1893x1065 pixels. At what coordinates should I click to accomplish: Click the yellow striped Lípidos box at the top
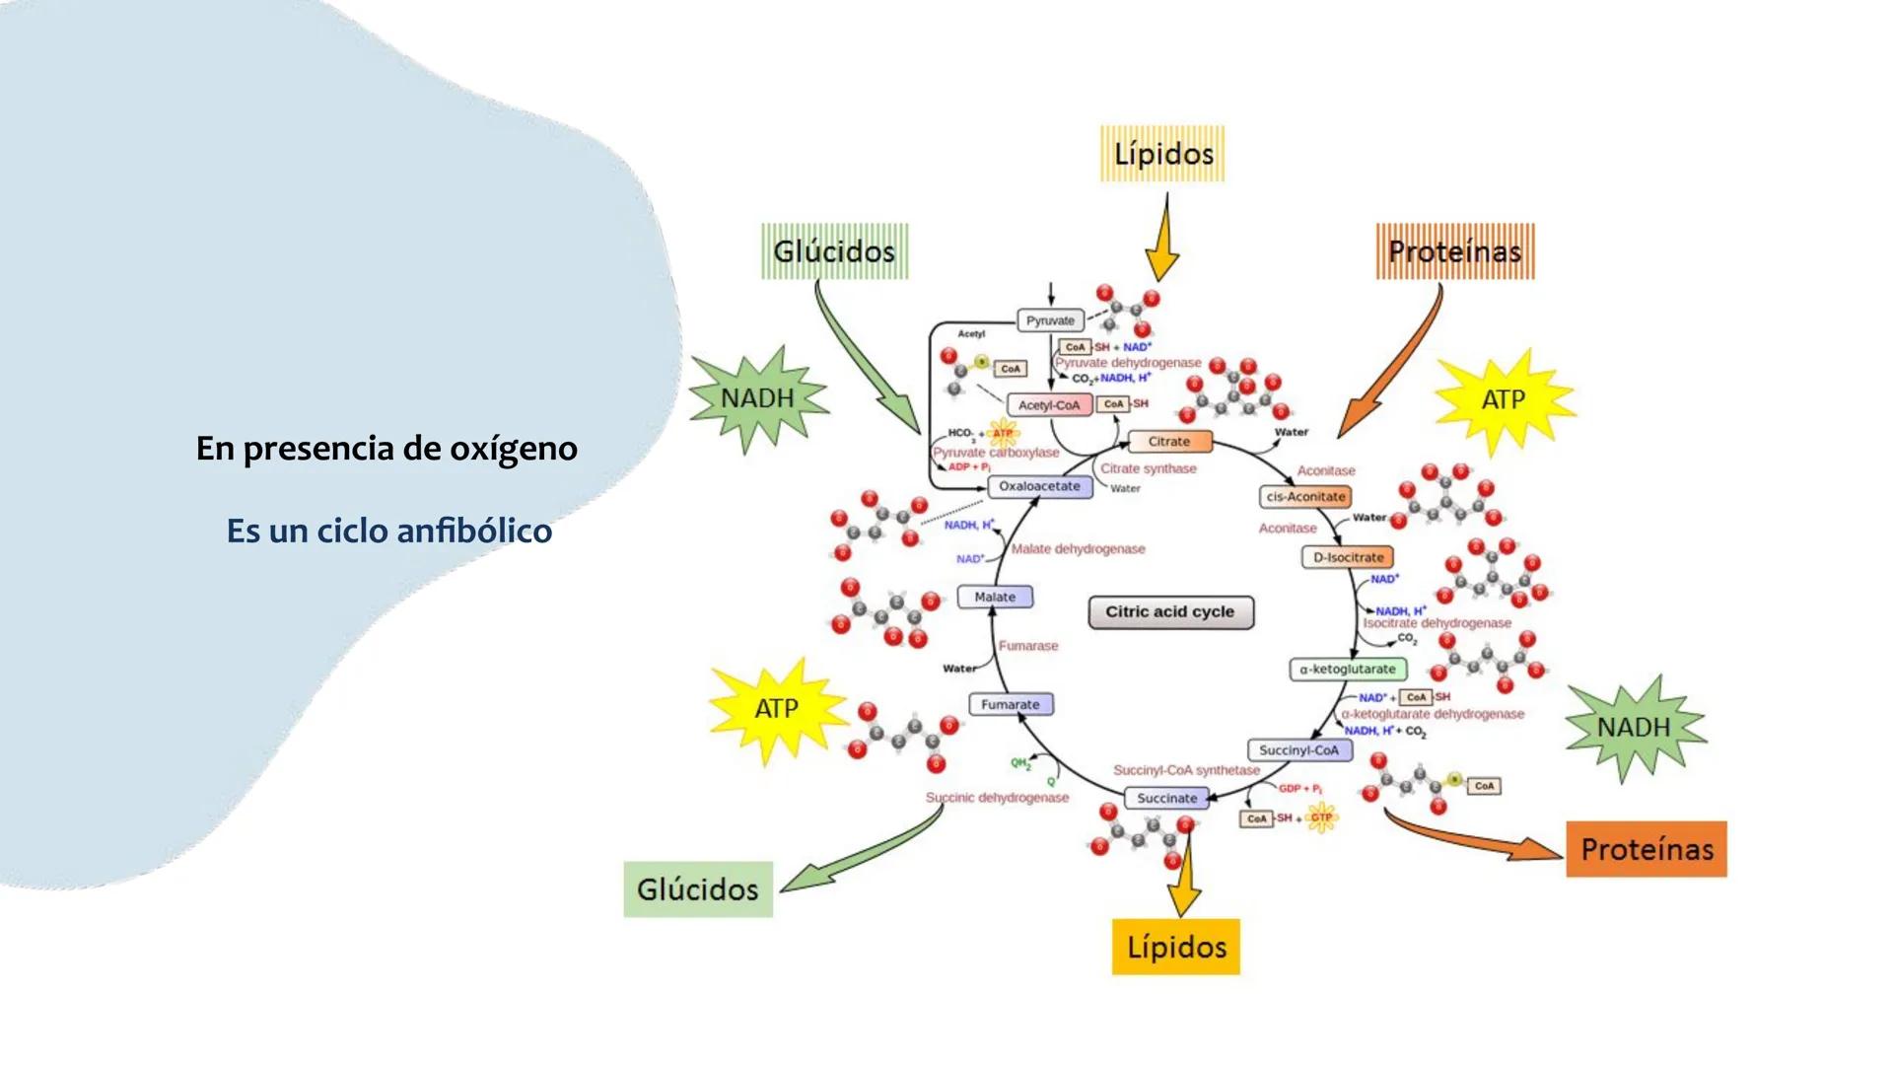coord(1162,154)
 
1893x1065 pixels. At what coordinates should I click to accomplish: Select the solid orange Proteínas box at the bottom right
coord(1646,849)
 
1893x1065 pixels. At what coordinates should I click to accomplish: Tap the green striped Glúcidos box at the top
coord(834,251)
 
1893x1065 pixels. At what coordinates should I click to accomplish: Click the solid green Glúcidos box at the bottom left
coord(698,889)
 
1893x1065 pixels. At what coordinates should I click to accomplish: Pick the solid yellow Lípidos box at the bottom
coord(1175,947)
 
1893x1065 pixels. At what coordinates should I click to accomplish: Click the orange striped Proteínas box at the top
coord(1454,251)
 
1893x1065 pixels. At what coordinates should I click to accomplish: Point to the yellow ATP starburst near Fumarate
coord(777,709)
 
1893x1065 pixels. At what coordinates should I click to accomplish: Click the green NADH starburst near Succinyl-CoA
coord(1634,728)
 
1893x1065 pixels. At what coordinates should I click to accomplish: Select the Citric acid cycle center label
coord(1170,612)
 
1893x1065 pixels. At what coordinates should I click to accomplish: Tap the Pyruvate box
coord(1050,320)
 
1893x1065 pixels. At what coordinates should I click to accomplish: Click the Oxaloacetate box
coord(1039,486)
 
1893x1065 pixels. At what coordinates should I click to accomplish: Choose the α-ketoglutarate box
coord(1347,670)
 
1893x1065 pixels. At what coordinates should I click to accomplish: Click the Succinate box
coord(1166,798)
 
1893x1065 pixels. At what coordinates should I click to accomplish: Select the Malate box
coord(995,597)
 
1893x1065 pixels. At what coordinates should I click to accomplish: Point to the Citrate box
coord(1168,442)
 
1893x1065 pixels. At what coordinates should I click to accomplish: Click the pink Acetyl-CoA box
coord(1048,405)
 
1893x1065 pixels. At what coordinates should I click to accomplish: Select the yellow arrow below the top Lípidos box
coord(1164,242)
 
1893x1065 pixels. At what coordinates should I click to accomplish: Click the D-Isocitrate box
coord(1347,557)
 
